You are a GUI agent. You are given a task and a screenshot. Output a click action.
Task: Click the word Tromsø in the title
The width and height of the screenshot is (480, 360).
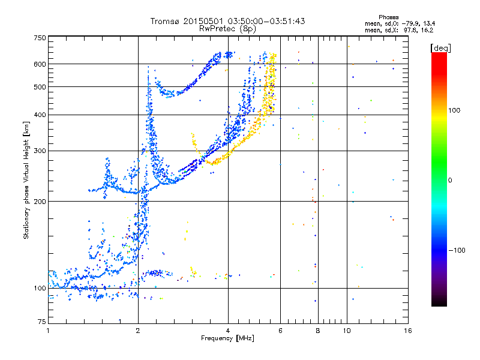tap(165, 21)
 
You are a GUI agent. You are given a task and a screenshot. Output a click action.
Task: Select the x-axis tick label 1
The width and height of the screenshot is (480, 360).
tap(48, 331)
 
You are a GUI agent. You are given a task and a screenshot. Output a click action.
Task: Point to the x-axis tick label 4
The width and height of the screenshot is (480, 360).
tap(228, 331)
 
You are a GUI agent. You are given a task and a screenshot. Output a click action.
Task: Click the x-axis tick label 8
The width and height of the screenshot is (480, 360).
tap(318, 331)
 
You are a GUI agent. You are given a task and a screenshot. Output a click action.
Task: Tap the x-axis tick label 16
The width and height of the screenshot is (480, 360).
tap(407, 331)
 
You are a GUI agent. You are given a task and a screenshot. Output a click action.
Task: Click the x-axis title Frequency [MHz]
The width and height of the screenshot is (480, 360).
tap(227, 339)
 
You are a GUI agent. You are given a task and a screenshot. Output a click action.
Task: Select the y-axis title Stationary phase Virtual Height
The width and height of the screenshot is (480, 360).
tap(26, 180)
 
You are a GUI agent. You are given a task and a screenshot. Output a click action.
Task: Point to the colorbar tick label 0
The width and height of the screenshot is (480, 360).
tap(450, 180)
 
